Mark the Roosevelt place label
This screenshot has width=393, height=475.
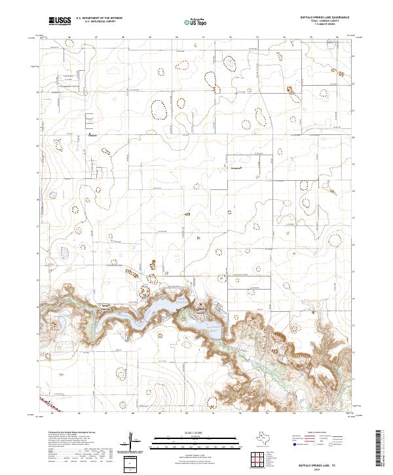pyautogui.click(x=236, y=168)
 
